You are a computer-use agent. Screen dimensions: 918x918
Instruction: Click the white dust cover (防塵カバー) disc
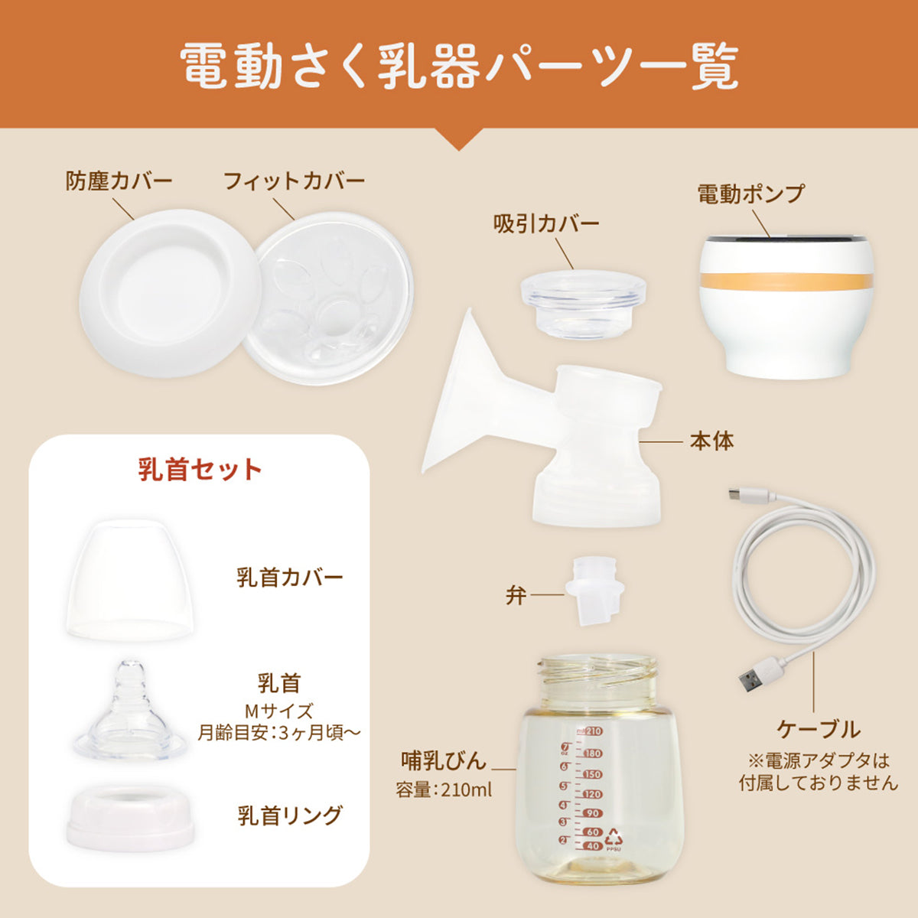(x=171, y=293)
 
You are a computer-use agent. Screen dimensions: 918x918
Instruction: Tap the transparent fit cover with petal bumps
(x=329, y=298)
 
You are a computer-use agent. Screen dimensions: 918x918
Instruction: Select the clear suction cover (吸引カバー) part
(x=583, y=304)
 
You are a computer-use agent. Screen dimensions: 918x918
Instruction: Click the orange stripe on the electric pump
(x=786, y=281)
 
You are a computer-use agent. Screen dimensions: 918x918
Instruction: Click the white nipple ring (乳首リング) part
(x=131, y=818)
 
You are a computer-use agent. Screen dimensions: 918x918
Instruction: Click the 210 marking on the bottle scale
(x=594, y=731)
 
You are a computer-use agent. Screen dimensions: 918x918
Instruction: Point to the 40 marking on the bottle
(x=592, y=846)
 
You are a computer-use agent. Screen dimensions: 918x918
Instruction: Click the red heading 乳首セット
(x=200, y=470)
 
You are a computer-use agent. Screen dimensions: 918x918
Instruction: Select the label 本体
(x=712, y=441)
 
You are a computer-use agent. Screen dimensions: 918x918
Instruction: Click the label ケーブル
(x=819, y=729)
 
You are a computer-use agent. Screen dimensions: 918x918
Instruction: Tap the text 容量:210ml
(x=444, y=790)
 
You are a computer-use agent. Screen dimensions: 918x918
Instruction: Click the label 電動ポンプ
(x=751, y=194)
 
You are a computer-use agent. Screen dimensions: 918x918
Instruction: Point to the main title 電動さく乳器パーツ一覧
(x=459, y=67)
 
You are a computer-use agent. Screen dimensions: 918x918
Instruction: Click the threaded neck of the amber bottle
(x=598, y=673)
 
